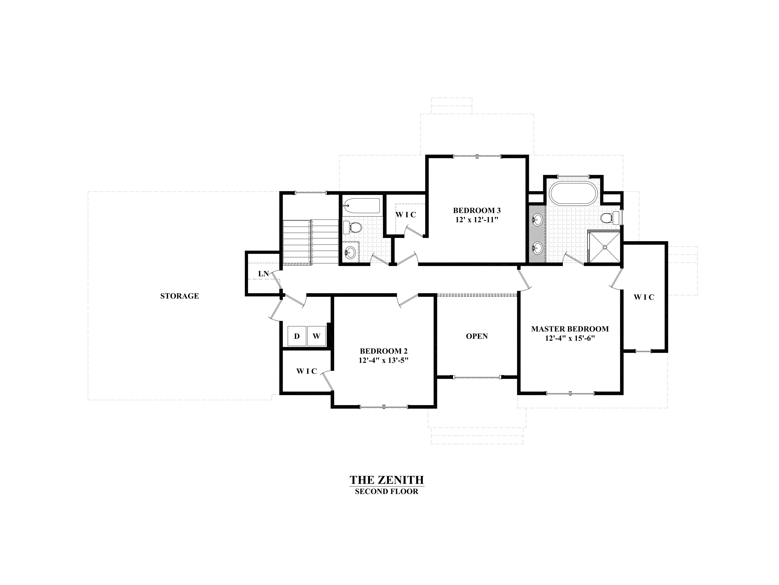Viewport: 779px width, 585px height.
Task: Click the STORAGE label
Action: pos(180,296)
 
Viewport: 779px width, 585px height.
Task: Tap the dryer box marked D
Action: pos(297,336)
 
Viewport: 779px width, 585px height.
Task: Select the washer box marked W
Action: pos(316,336)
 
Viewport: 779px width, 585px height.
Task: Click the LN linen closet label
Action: pos(263,273)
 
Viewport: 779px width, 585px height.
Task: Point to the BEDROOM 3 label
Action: pos(477,211)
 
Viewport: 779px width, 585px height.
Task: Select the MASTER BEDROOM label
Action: pos(570,329)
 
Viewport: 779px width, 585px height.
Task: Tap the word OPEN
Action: pos(477,336)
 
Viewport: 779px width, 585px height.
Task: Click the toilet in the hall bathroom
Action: pos(352,227)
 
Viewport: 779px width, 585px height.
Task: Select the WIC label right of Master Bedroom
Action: pos(644,297)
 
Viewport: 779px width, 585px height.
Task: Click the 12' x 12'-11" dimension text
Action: pos(477,220)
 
